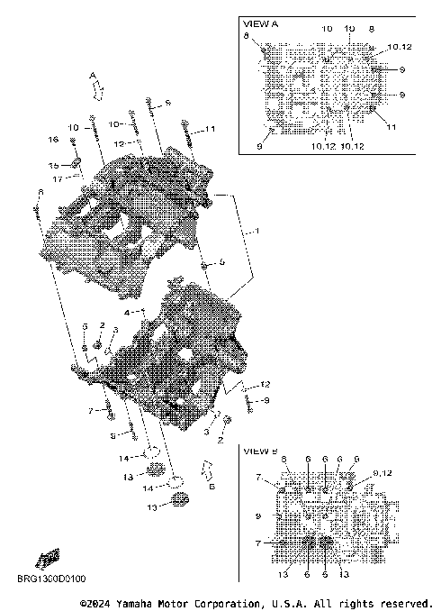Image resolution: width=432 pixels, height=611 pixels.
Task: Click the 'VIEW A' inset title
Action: pyautogui.click(x=261, y=23)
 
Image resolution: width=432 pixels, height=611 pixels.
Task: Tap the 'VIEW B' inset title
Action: pyautogui.click(x=261, y=450)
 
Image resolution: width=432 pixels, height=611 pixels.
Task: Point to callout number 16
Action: pyautogui.click(x=53, y=140)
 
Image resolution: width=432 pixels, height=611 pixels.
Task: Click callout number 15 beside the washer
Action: pyautogui.click(x=53, y=166)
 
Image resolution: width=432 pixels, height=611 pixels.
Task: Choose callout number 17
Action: pyautogui.click(x=56, y=178)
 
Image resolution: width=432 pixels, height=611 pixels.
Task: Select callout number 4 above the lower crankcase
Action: pyautogui.click(x=127, y=312)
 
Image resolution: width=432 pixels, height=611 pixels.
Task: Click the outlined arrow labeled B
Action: pyautogui.click(x=205, y=470)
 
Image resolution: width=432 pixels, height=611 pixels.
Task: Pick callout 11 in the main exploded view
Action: pyautogui.click(x=211, y=130)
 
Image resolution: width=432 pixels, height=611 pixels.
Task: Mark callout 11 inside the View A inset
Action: pyautogui.click(x=391, y=128)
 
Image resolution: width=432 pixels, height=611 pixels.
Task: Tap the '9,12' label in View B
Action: pyautogui.click(x=382, y=472)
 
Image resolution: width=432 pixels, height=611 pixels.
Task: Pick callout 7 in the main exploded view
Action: pyautogui.click(x=90, y=411)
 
